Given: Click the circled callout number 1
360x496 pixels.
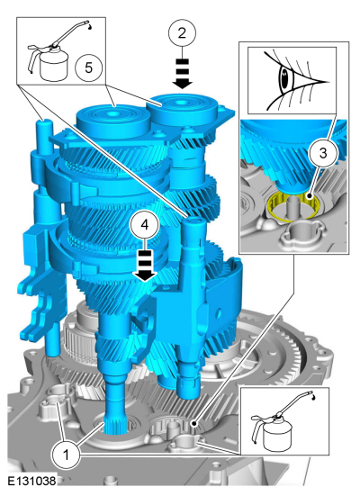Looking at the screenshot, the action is pyautogui.click(x=66, y=455).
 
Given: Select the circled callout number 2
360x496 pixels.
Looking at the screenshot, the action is pyautogui.click(x=182, y=32).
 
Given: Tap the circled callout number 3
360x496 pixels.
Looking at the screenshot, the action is pyautogui.click(x=323, y=153).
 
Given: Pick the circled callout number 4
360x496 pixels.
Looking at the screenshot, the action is pyautogui.click(x=145, y=225).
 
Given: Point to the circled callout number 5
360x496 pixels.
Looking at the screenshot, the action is pyautogui.click(x=88, y=68).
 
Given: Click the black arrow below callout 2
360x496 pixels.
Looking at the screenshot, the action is pyautogui.click(x=182, y=74).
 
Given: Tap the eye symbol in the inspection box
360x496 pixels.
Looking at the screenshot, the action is pyautogui.click(x=295, y=79).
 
